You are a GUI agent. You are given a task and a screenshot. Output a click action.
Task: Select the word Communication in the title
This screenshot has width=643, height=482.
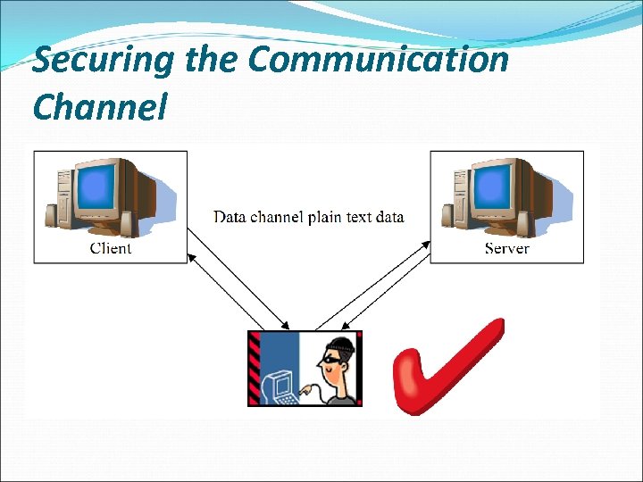click(x=379, y=60)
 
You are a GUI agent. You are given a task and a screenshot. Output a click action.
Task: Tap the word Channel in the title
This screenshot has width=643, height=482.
click(x=99, y=107)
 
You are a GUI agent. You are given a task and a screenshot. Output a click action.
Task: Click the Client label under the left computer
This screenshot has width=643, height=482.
click(x=111, y=248)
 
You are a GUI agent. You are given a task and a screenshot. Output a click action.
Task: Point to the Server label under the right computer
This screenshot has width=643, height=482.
click(x=507, y=248)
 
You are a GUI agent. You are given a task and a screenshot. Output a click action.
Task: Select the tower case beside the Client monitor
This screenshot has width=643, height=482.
click(x=56, y=201)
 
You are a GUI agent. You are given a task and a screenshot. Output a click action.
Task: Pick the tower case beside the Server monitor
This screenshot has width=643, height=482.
click(x=452, y=201)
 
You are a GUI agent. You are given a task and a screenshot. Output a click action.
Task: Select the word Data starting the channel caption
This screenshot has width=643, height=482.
click(x=230, y=217)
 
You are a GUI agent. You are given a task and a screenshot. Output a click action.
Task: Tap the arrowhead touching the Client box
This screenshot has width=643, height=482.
click(x=190, y=255)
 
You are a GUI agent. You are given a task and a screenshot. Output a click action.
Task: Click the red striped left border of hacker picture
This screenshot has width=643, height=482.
click(x=255, y=368)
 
